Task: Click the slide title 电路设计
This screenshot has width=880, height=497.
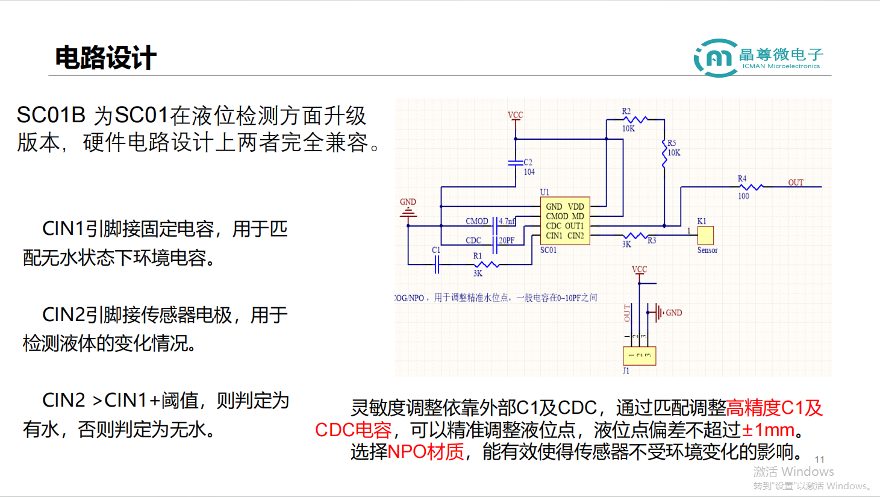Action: coord(105,58)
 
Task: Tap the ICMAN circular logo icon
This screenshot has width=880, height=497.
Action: coord(716,58)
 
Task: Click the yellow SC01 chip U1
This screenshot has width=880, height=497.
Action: coord(564,221)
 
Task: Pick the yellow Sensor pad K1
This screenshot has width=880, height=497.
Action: coord(705,235)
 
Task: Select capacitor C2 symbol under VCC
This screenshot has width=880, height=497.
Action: coord(516,163)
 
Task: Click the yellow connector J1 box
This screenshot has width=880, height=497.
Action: coord(639,355)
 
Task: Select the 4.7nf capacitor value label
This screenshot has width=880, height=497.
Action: coord(507,221)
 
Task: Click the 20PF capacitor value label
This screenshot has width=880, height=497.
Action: coord(507,240)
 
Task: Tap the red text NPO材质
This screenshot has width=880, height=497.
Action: coord(426,451)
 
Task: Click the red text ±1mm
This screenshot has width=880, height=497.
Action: coord(768,430)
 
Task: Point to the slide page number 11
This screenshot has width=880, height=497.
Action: coord(819,459)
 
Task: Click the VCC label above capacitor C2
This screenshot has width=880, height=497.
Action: coord(515,114)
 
